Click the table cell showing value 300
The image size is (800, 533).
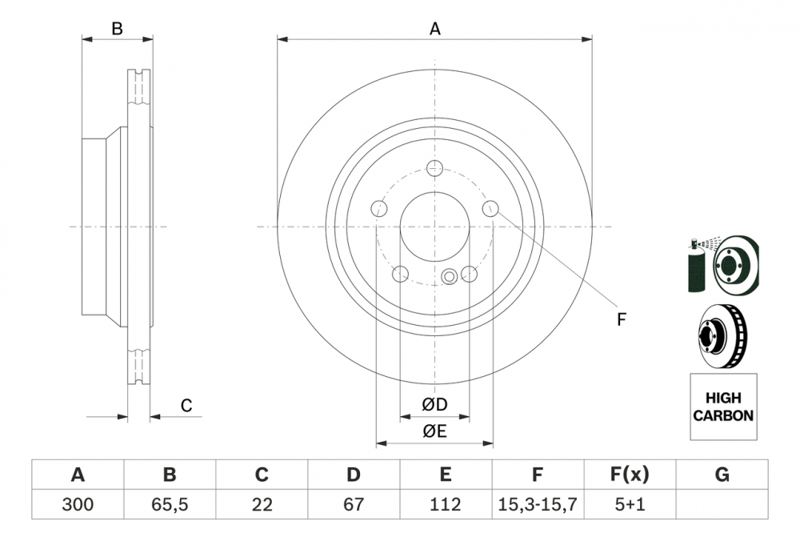pyautogui.click(x=78, y=505)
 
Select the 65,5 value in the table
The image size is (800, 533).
pyautogui.click(x=170, y=505)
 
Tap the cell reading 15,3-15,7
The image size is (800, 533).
pyautogui.click(x=538, y=505)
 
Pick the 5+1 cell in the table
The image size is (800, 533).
pyautogui.click(x=630, y=505)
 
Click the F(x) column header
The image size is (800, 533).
pyautogui.click(x=630, y=475)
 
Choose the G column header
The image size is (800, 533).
pyautogui.click(x=722, y=475)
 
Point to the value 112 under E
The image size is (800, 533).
pyautogui.click(x=446, y=505)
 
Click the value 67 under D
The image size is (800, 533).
pyautogui.click(x=354, y=505)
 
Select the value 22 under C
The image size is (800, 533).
pyautogui.click(x=262, y=505)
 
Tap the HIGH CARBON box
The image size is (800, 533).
pyautogui.click(x=722, y=407)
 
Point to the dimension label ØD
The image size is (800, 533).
pyautogui.click(x=434, y=405)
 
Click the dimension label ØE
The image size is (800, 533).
pyautogui.click(x=434, y=431)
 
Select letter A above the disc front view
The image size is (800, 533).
pyautogui.click(x=435, y=29)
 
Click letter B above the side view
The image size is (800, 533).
pyautogui.click(x=117, y=29)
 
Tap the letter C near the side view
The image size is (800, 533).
pyautogui.click(x=186, y=406)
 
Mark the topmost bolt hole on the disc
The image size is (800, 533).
pyautogui.click(x=434, y=168)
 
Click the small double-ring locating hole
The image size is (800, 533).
pyautogui.click(x=450, y=277)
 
